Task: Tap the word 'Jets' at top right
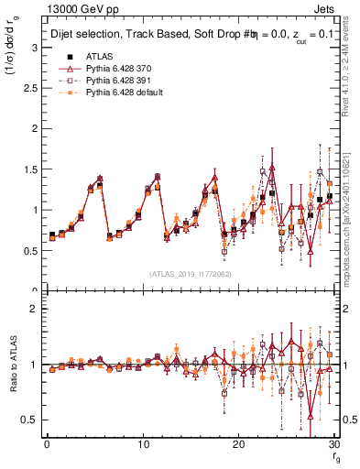tap(328, 8)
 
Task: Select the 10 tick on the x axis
tap(143, 443)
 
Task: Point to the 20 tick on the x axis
tap(239, 443)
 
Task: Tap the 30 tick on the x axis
tap(335, 443)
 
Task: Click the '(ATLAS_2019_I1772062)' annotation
tap(191, 274)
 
